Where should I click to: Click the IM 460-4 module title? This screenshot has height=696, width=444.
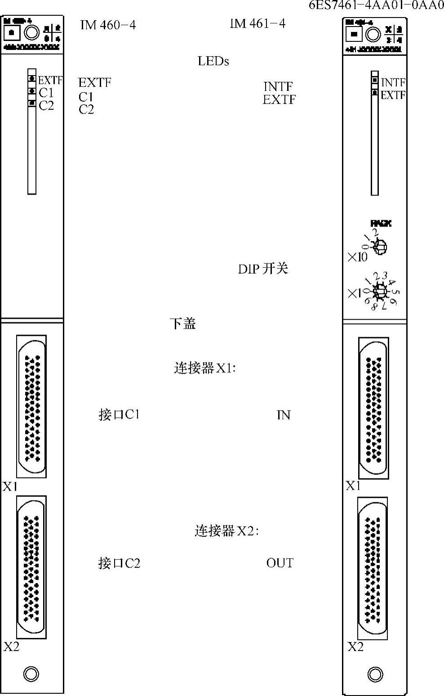pos(108,25)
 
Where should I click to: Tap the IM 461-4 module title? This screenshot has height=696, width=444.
pos(258,23)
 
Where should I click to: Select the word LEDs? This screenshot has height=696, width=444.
pos(213,61)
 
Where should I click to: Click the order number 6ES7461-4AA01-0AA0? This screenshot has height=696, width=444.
pos(376,5)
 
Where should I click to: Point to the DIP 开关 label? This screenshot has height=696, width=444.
pos(263,269)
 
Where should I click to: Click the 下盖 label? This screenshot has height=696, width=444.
pos(182,323)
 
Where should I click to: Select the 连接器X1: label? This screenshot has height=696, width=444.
pos(205,368)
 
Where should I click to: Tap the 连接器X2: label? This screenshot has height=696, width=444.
pos(226,531)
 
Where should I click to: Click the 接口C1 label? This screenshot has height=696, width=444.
pos(119,414)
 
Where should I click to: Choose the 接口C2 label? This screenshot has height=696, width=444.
pos(119,563)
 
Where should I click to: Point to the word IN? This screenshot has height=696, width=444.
pos(284,415)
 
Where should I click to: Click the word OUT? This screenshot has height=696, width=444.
pos(280,563)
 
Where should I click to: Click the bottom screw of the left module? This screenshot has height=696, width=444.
pos(31,674)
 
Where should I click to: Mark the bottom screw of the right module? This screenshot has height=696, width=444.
pos(375,674)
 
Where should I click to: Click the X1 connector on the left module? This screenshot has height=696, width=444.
pos(31,406)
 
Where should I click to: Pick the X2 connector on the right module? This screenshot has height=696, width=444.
pos(373,570)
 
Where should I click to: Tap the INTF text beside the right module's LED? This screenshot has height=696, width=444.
pos(393,82)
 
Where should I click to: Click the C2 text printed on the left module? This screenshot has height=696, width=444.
pos(46,106)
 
